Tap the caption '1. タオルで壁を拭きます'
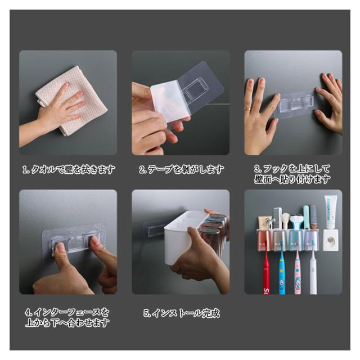[x=69, y=169]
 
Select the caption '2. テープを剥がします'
[x=181, y=169]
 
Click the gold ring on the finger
[x=247, y=109]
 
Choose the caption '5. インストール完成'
[x=182, y=313]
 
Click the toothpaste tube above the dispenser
[x=331, y=211]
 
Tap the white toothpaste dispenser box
[x=331, y=240]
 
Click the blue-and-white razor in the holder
[x=296, y=222]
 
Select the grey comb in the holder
[x=277, y=218]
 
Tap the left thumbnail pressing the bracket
[x=61, y=247]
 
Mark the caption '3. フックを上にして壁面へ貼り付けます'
[x=292, y=174]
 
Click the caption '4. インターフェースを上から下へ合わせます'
[x=67, y=317]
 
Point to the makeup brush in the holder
[x=285, y=221]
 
